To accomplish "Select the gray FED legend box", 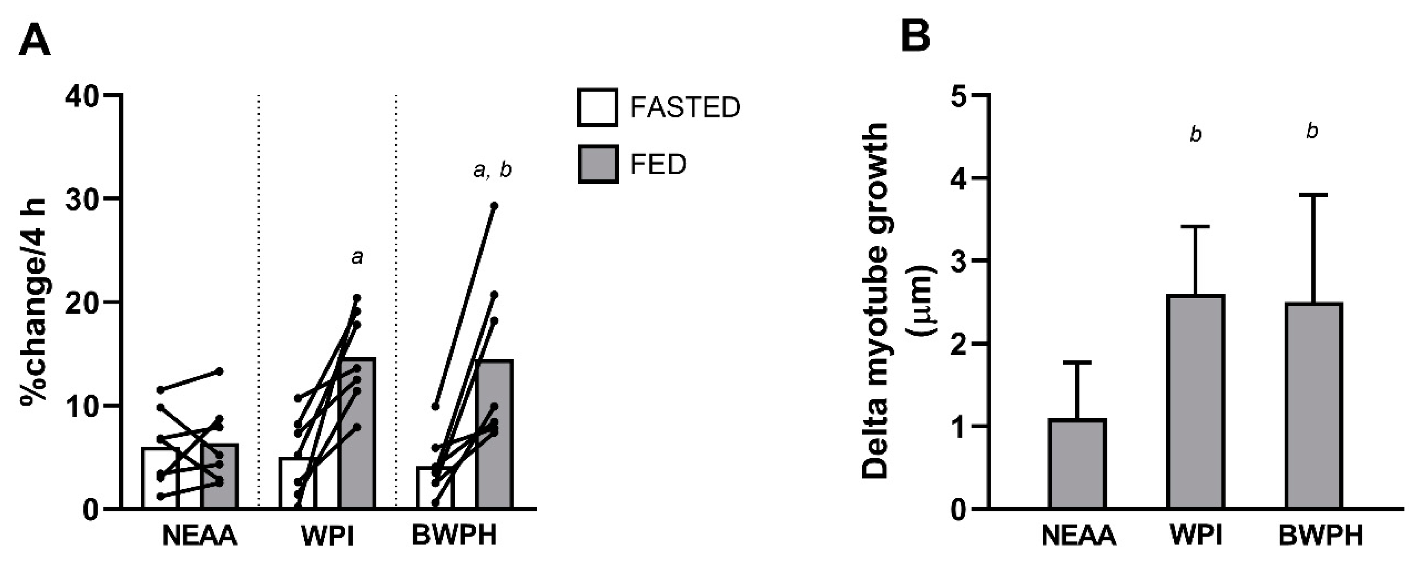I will click(598, 164).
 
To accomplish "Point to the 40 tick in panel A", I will click(83, 96).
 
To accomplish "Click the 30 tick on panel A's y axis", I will click(83, 199).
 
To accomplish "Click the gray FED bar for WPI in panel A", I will click(357, 434).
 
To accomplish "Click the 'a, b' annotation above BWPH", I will click(492, 170).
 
